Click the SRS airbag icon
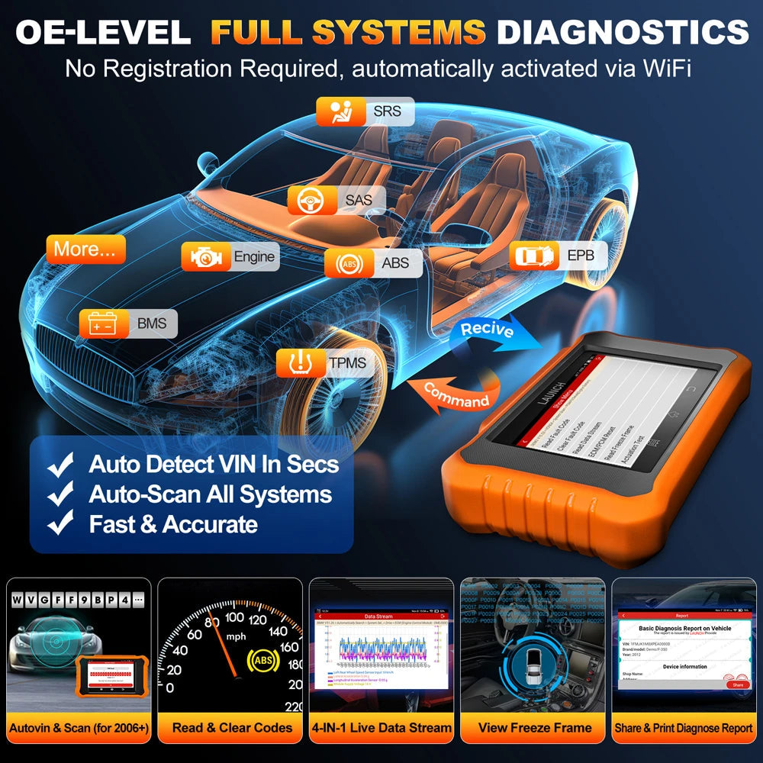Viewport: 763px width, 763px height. pyautogui.click(x=336, y=112)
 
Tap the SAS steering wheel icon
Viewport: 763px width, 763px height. pyautogui.click(x=309, y=200)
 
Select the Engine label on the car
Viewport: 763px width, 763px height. pyautogui.click(x=254, y=257)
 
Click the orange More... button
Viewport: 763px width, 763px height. pyautogui.click(x=85, y=250)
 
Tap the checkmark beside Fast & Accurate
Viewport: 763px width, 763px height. pyautogui.click(x=60, y=524)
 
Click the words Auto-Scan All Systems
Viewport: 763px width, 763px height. pyautogui.click(x=210, y=494)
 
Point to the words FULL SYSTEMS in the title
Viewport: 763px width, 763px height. pyautogui.click(x=347, y=32)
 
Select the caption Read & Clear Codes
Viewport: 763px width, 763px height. pyautogui.click(x=232, y=728)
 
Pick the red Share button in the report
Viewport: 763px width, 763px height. pyautogui.click(x=737, y=684)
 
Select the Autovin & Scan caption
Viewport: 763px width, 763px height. pyautogui.click(x=79, y=728)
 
